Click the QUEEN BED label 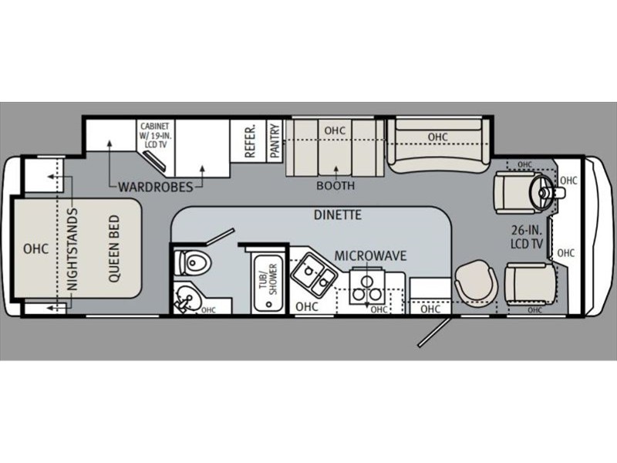(x=113, y=248)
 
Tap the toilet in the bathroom (x=195, y=262)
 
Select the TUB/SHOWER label (x=268, y=279)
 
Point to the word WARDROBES (x=156, y=187)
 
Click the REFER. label (x=250, y=142)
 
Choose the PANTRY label (x=275, y=141)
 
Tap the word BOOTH (x=335, y=185)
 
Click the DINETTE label (x=338, y=215)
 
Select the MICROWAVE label (x=370, y=256)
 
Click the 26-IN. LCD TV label (x=527, y=237)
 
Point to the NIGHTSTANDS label (x=73, y=249)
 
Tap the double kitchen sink (x=314, y=275)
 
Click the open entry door (x=433, y=331)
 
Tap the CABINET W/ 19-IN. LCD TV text (x=156, y=135)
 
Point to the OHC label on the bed (x=35, y=248)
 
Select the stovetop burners (x=367, y=289)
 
